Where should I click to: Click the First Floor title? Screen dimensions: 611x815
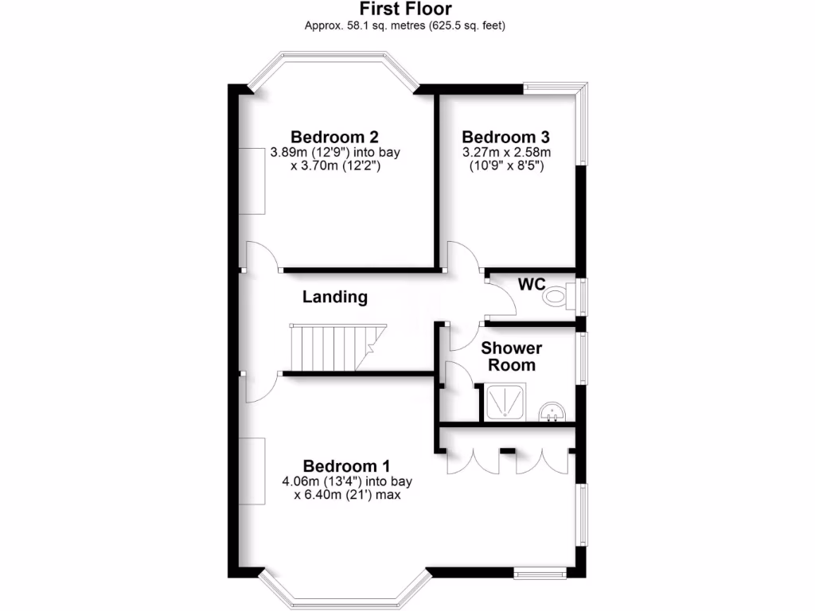(x=406, y=10)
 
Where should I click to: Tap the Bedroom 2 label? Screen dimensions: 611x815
(x=333, y=136)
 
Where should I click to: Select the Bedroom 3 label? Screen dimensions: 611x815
(x=507, y=136)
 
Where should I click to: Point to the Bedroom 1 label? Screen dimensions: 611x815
(x=346, y=465)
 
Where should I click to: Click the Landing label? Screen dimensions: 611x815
(x=335, y=298)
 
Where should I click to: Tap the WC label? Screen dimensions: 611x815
(x=531, y=283)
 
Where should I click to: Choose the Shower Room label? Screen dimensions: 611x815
(x=513, y=356)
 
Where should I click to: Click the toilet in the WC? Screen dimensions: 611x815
(x=557, y=297)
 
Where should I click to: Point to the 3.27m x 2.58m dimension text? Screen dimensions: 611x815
(x=507, y=153)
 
